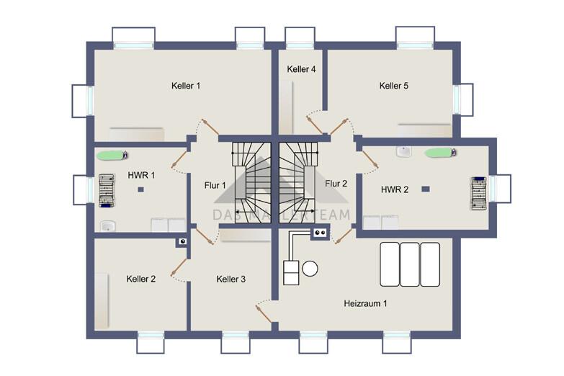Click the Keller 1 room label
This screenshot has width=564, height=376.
(x=186, y=86)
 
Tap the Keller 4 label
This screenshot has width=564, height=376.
(x=301, y=69)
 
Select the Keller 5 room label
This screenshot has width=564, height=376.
(x=394, y=86)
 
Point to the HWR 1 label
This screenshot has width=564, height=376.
(x=141, y=175)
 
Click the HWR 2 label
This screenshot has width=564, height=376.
(x=395, y=189)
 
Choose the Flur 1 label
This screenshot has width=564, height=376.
(x=215, y=185)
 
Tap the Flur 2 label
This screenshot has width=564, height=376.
(x=336, y=184)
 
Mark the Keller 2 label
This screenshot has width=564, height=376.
(x=141, y=279)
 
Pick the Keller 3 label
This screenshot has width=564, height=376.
(x=231, y=279)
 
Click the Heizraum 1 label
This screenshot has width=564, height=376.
(x=365, y=303)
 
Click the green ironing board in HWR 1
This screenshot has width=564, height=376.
(x=112, y=156)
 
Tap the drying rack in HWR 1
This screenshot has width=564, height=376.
(x=107, y=191)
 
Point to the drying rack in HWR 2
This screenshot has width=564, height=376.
(x=479, y=193)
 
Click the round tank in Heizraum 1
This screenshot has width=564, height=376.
(x=310, y=269)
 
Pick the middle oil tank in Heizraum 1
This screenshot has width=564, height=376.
(x=410, y=264)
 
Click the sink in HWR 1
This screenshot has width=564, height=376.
(x=107, y=226)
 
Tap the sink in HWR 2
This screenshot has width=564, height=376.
(x=404, y=151)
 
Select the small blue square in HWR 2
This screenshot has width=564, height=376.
(x=426, y=189)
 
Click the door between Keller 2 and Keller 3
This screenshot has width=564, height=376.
(x=179, y=268)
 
